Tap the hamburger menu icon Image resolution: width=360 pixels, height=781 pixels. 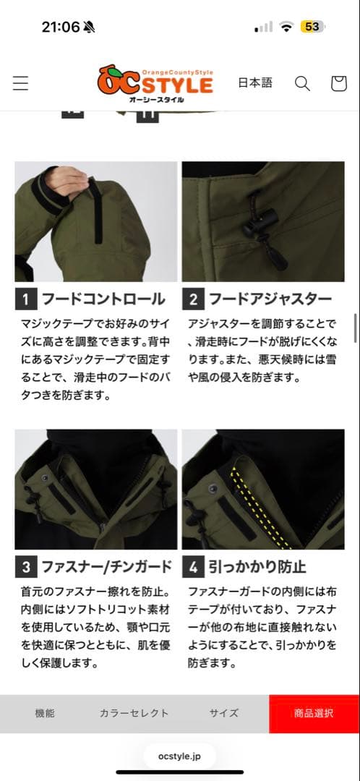20,83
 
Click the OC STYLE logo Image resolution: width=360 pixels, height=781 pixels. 155,83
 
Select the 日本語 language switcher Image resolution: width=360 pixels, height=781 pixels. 255,82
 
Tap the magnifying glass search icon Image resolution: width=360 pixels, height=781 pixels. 302,83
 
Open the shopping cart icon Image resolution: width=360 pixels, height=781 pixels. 338,83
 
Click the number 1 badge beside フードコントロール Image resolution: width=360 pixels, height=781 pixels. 26,299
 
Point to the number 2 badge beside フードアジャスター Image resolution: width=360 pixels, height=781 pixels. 193,299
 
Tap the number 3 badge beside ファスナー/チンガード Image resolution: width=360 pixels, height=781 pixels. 26,567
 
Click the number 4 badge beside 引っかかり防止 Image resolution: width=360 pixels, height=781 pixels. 193,567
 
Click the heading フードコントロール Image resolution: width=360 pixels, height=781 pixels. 103,299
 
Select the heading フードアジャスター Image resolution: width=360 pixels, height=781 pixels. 270,299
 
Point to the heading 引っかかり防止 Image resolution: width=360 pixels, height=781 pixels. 257,567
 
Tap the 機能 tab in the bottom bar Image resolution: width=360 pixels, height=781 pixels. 45,713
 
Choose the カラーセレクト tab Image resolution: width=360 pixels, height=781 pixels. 134,713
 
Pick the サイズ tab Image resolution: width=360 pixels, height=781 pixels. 223,713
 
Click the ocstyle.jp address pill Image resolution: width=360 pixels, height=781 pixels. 180,756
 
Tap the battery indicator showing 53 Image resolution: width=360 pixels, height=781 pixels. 313,27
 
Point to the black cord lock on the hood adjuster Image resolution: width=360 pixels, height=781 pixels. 260,220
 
